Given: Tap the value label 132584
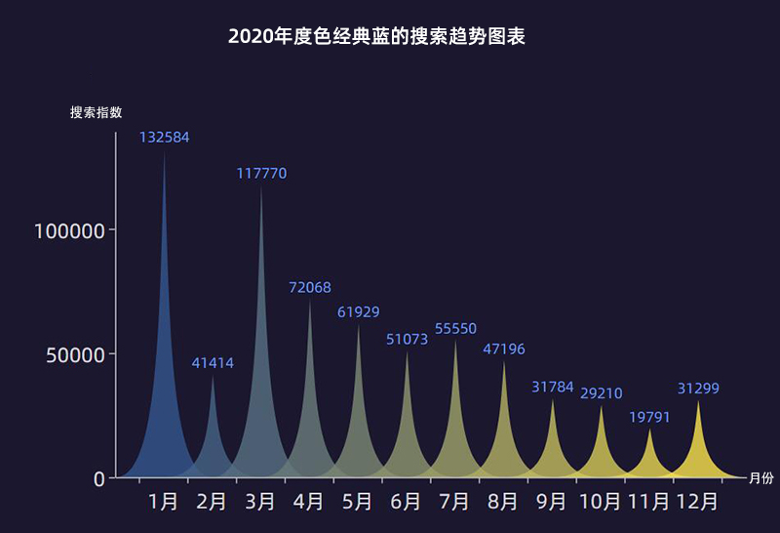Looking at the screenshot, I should coord(164,138).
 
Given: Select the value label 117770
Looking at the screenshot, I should coord(261,174).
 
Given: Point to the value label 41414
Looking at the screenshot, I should coord(213,363).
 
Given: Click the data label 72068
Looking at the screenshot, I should coord(310,288).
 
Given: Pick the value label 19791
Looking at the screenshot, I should coord(649,418).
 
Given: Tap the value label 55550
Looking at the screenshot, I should coord(455,329).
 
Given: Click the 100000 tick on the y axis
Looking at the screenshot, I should coord(68,230).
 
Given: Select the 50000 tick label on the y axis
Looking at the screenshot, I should coord(74,354).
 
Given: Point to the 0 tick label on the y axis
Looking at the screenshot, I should coord(98,478).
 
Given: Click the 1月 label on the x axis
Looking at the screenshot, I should coord(164,502).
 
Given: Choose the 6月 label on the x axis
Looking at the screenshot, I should coord(407,502).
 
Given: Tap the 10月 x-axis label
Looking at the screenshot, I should coord(601,502).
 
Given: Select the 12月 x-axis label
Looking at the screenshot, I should coord(697,502).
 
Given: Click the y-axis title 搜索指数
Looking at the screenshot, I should coord(96,112).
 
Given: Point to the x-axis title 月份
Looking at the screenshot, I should coord(760,478).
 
